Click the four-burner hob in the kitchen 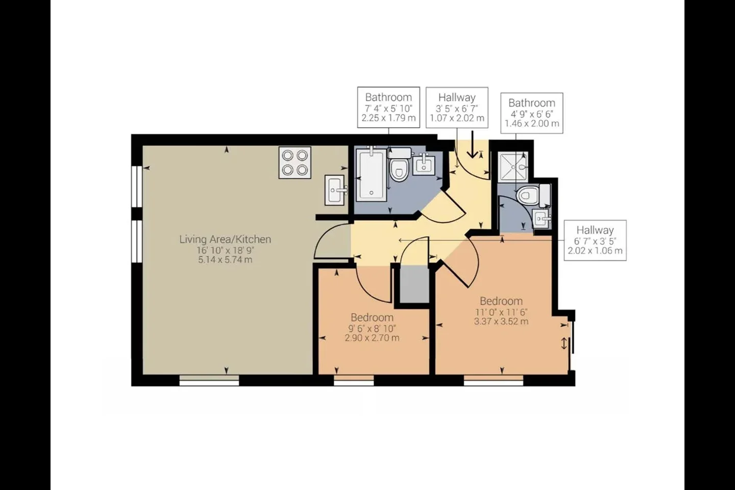[x=295, y=162]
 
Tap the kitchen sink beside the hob [x=335, y=190]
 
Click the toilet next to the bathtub [x=399, y=165]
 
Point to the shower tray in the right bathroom [x=513, y=167]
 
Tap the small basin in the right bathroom [x=541, y=217]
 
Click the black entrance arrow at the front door [x=472, y=144]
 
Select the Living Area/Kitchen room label [x=225, y=239]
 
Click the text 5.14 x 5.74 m [x=225, y=260]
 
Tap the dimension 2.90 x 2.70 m [x=372, y=338]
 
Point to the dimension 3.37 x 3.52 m [x=501, y=321]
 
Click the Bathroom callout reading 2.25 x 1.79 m [x=388, y=107]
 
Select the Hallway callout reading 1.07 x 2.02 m [x=457, y=107]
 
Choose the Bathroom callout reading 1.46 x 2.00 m [x=532, y=113]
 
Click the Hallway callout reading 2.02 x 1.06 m [x=595, y=240]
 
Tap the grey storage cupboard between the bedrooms [x=414, y=284]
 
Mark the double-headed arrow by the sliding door [x=563, y=344]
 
